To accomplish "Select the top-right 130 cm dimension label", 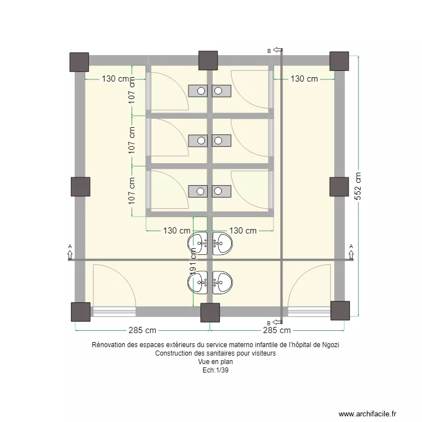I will (x=304, y=79).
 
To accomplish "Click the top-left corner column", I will (x=79, y=62).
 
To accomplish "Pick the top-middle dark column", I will (x=208, y=60).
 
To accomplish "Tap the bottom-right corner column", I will (x=340, y=311).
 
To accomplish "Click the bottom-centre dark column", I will (x=210, y=312).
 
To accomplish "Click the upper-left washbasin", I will (x=199, y=244).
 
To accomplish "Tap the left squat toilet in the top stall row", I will (x=198, y=90).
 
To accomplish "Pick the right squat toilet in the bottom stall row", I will (x=222, y=191).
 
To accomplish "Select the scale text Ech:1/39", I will (x=211, y=370).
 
